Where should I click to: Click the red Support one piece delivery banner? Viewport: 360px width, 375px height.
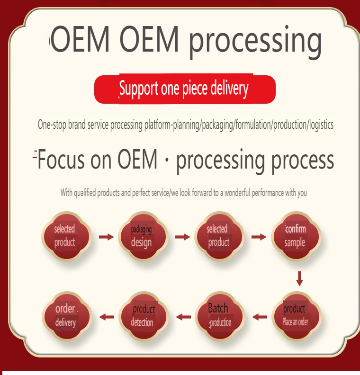point(185,89)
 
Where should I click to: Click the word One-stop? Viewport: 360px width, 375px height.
point(52,125)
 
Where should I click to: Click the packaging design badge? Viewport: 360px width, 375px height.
point(142,236)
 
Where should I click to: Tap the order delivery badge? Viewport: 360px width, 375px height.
point(65,316)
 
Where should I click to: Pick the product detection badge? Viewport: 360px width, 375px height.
point(143,316)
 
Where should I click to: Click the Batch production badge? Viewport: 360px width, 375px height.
point(219,316)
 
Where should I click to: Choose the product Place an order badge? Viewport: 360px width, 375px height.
point(296,316)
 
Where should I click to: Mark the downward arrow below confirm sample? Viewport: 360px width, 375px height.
point(299,278)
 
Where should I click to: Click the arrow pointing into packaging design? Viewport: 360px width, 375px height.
point(107,236)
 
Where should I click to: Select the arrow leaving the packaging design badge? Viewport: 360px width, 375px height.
point(183,236)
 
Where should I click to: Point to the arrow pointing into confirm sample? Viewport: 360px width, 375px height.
point(259,236)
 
